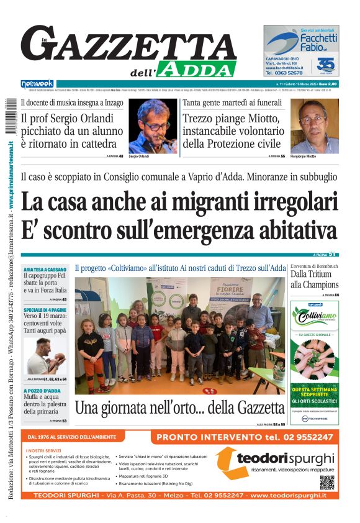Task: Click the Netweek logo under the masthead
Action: coord(37,83)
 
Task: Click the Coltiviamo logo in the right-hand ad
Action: coord(315,318)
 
